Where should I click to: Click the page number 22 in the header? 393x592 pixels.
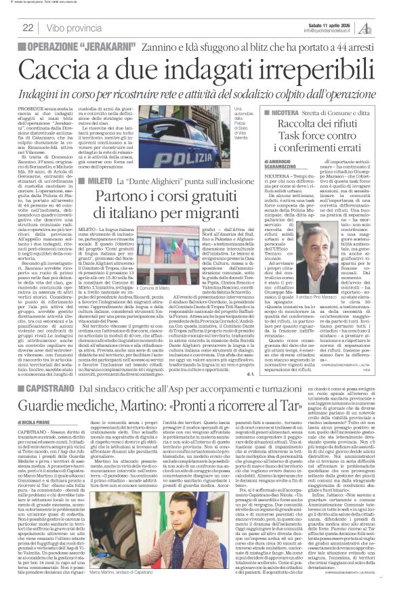(28, 28)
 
